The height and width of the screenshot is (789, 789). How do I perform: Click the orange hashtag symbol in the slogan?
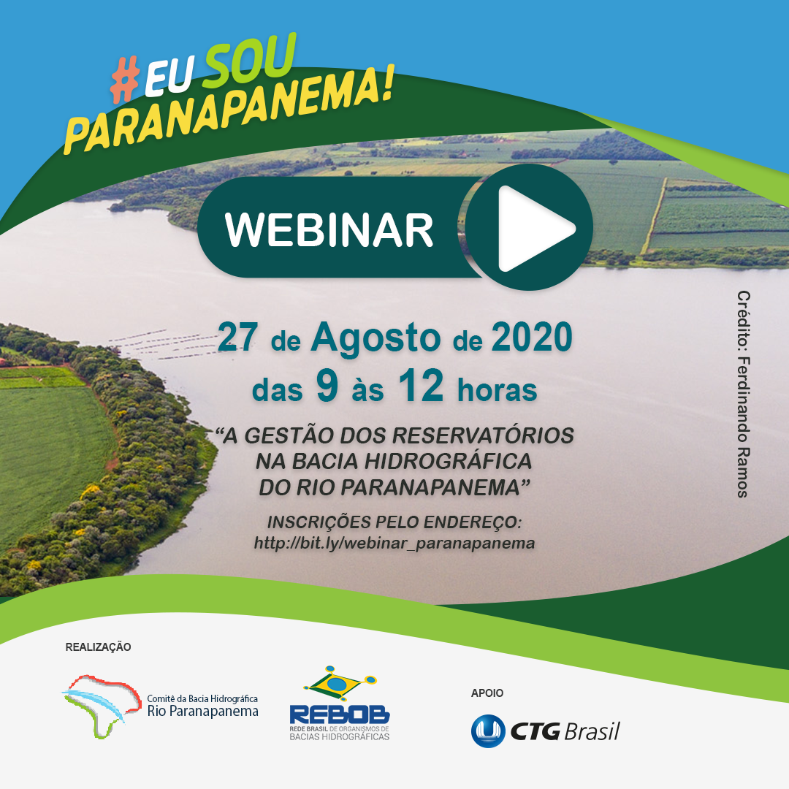tap(125, 80)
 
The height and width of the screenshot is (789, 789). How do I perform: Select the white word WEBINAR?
tap(329, 229)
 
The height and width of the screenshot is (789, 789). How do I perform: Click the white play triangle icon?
tap(533, 229)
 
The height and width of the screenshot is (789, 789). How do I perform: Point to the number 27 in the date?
tap(237, 337)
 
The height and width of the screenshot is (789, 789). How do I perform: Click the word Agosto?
tap(376, 338)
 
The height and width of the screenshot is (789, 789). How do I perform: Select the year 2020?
tap(532, 337)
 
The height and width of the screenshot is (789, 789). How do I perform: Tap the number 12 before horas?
tap(421, 386)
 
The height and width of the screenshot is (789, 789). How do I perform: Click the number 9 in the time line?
tap(327, 386)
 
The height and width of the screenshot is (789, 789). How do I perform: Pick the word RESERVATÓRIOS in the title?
tap(483, 435)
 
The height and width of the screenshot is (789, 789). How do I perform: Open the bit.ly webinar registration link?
tap(394, 544)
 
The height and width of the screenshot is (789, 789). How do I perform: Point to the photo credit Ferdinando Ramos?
tap(744, 394)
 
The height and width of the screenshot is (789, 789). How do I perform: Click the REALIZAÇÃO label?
tap(98, 647)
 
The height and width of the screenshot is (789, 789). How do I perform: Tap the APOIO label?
tap(487, 693)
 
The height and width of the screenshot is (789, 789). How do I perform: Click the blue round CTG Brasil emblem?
tap(488, 731)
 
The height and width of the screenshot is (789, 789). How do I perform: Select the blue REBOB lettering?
tap(340, 714)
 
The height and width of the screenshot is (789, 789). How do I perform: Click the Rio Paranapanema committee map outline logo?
tap(101, 706)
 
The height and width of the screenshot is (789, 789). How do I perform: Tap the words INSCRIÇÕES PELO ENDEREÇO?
tap(394, 522)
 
